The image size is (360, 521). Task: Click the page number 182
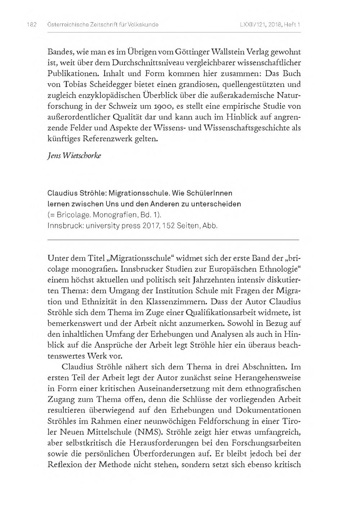32,25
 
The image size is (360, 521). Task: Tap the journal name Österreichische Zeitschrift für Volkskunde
103,25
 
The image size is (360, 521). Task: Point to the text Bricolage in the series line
72,215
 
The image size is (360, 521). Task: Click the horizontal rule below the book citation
173,239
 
